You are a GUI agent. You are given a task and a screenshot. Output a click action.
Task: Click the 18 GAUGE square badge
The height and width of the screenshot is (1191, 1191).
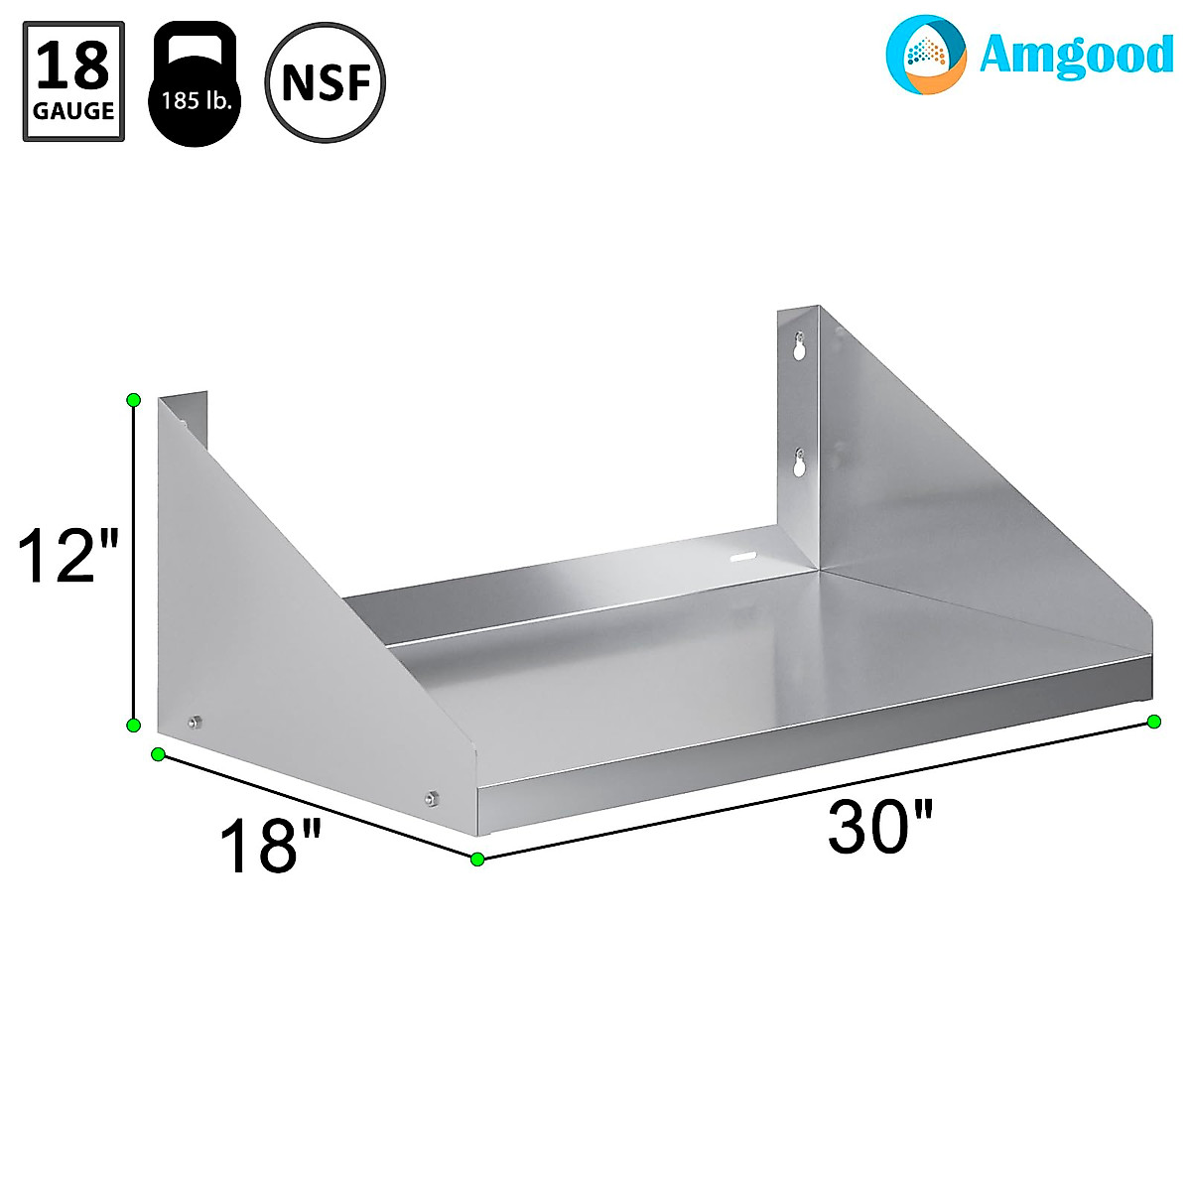tap(73, 81)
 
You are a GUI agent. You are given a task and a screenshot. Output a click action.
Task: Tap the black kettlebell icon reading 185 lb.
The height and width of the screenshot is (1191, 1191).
tap(195, 85)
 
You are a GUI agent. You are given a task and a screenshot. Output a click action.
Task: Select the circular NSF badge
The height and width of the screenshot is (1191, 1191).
tap(326, 82)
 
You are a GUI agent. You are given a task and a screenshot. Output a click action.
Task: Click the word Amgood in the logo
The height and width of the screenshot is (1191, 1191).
tap(1076, 55)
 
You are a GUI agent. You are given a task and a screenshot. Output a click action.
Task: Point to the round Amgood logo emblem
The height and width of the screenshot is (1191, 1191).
tap(925, 55)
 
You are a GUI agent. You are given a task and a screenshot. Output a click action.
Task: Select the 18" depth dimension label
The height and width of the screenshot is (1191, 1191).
tap(270, 847)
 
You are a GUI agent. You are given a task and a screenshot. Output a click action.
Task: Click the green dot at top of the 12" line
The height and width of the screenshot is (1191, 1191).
tap(133, 399)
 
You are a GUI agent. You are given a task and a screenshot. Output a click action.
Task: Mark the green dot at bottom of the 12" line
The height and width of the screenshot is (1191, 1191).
tap(133, 726)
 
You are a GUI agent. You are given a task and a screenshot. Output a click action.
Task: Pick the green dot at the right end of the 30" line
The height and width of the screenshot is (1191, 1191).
tap(1153, 722)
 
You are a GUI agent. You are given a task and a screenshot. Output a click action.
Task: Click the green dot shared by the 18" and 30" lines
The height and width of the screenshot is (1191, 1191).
tap(477, 859)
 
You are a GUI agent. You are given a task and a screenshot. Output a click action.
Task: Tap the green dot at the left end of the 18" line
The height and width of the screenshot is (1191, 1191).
tap(157, 755)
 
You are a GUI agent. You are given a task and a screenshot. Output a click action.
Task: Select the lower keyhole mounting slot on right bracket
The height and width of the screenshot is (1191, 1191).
tap(798, 463)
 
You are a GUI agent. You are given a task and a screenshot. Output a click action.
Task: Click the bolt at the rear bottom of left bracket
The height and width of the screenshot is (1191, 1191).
tap(195, 722)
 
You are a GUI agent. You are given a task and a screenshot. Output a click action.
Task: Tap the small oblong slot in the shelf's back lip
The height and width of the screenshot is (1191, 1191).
tap(742, 558)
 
